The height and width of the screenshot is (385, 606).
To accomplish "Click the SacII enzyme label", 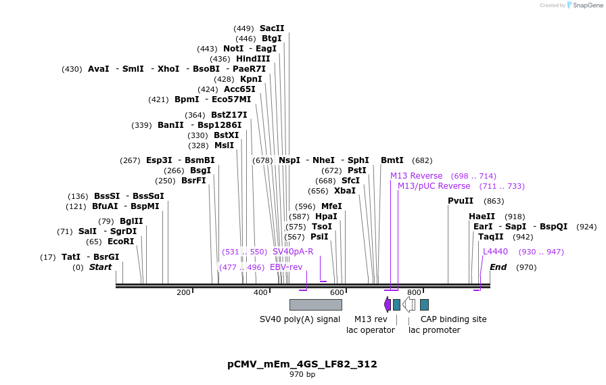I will click(x=272, y=28).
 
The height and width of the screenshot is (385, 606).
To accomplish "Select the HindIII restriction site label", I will click(x=253, y=59).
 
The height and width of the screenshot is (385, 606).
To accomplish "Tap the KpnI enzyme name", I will click(x=251, y=79).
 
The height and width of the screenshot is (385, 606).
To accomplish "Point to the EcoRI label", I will click(x=120, y=242).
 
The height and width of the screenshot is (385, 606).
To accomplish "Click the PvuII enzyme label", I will click(x=461, y=201).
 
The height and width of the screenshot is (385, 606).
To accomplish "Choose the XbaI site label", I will click(x=345, y=191).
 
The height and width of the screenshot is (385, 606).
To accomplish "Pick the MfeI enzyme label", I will click(x=331, y=206).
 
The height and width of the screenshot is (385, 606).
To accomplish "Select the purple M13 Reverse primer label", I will click(x=416, y=176).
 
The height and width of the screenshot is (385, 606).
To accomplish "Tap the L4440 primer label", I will click(x=495, y=252).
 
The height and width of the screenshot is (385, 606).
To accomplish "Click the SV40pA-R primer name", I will click(x=293, y=252).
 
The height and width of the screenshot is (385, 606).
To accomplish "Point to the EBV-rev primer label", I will click(x=286, y=267).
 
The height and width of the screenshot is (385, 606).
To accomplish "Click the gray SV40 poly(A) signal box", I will click(x=315, y=304).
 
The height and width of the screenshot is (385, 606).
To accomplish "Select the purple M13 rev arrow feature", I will click(x=387, y=304).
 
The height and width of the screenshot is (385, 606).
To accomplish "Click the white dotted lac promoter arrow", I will click(x=409, y=304).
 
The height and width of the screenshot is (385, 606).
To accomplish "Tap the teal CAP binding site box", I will click(x=424, y=304).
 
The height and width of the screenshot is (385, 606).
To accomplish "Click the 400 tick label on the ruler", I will click(x=260, y=292).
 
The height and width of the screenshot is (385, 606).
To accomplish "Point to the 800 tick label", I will click(x=414, y=292).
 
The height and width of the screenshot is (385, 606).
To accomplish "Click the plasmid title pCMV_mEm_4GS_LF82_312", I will click(x=302, y=364).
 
